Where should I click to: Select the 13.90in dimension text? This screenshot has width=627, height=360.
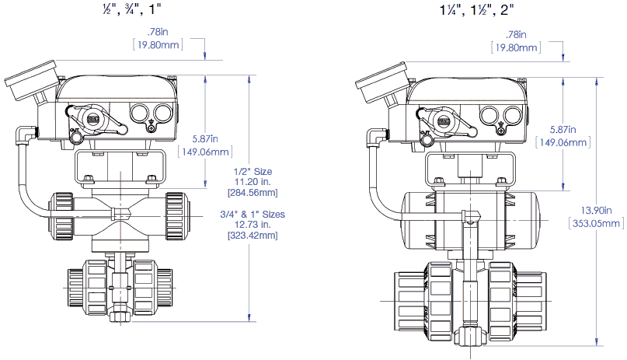[596, 211]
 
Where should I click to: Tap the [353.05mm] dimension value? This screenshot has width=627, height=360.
[596, 224]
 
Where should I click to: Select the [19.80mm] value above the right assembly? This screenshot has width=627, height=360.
[514, 47]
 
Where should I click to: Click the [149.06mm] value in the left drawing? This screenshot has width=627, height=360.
[204, 152]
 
